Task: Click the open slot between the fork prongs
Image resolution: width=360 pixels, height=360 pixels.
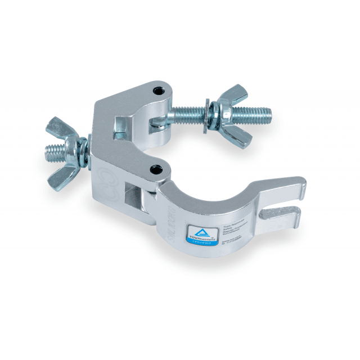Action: point(281,206)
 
